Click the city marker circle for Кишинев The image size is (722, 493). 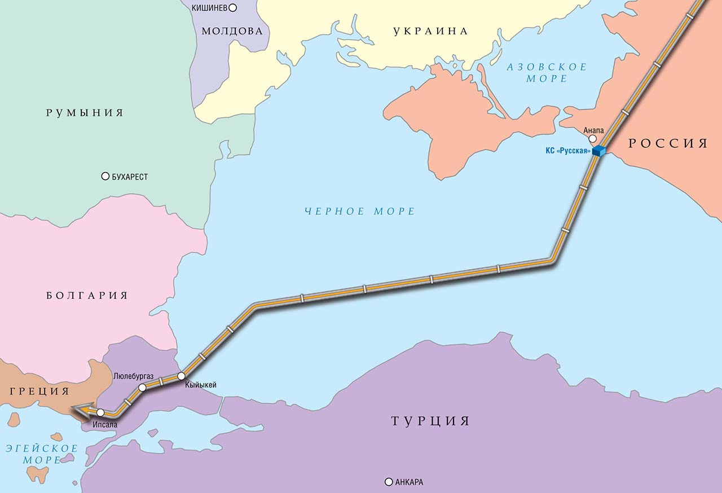tap(232, 8)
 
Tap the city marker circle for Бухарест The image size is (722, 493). tap(105, 177)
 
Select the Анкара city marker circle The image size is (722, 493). tap(388, 482)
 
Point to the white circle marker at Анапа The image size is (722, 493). tap(592, 138)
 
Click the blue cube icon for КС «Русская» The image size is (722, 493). tap(598, 151)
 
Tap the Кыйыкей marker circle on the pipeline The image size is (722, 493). tap(181, 376)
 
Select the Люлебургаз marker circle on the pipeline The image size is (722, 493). tap(142, 388)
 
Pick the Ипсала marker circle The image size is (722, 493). tap(100, 412)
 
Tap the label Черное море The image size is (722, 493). tap(359, 212)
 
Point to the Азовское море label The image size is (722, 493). tap(547, 73)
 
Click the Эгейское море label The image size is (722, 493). tap(41, 454)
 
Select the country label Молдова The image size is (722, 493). tap(232, 31)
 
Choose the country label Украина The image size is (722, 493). tap(430, 31)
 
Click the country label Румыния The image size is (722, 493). tap(85, 113)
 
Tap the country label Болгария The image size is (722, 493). tap(87, 296)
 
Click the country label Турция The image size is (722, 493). tap(430, 421)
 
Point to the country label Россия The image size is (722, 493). tap(668, 143)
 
